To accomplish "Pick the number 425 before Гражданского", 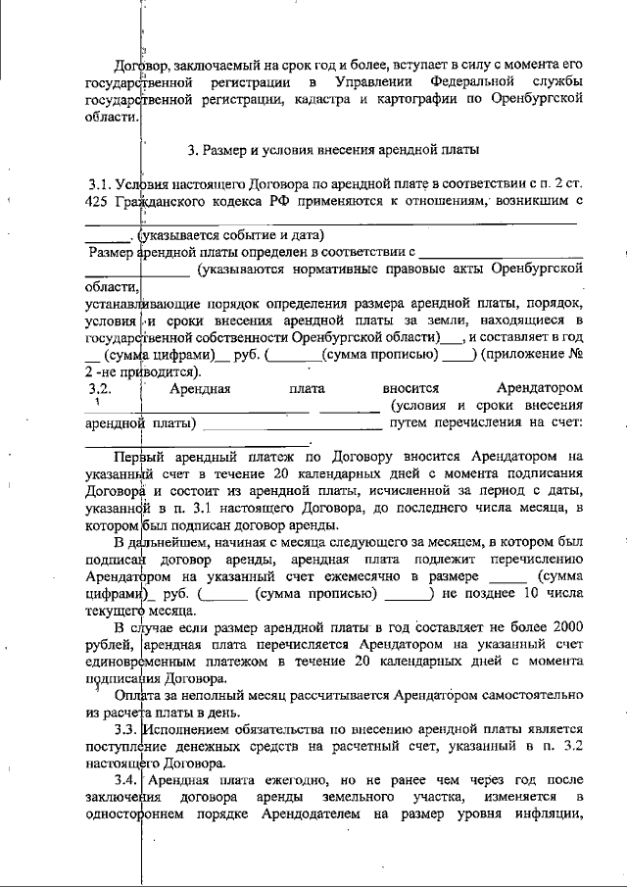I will coord(100,201).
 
